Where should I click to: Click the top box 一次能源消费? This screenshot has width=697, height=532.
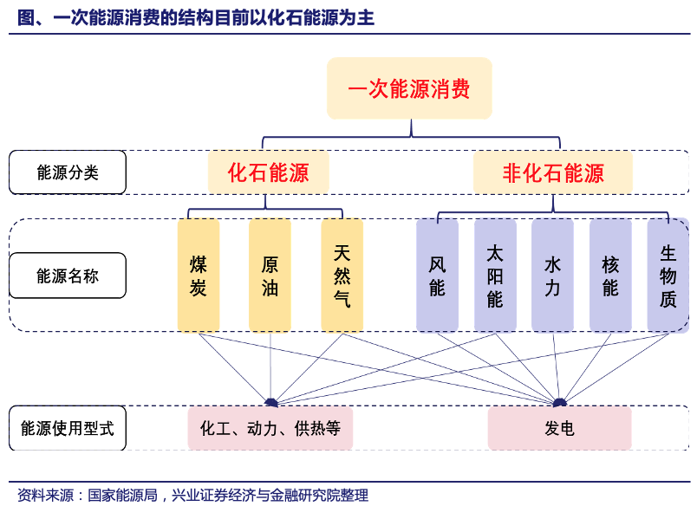tap(409, 88)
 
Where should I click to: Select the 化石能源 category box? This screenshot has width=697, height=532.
tap(269, 172)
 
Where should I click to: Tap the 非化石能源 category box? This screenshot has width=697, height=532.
tap(553, 172)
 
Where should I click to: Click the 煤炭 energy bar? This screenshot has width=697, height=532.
tap(199, 276)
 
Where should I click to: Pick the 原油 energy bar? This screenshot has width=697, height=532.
tap(270, 276)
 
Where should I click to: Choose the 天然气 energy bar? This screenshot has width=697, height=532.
tap(342, 276)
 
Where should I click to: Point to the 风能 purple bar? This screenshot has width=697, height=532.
tap(438, 276)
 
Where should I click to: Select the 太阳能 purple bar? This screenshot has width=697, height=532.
tap(495, 276)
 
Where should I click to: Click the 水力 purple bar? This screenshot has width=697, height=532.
tap(552, 276)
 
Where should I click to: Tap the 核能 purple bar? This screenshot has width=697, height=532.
tap(610, 276)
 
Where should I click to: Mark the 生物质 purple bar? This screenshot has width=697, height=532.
tap(668, 276)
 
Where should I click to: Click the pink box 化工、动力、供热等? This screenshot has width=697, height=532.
tap(270, 428)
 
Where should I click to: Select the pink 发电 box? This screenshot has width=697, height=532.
tap(560, 428)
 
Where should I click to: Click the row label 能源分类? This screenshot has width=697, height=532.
tap(68, 172)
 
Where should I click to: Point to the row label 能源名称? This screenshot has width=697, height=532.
tap(68, 276)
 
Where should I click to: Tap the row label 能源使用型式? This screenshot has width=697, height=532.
tap(68, 428)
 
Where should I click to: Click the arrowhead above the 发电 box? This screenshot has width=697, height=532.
tap(560, 403)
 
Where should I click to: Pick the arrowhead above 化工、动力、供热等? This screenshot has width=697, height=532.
tap(271, 403)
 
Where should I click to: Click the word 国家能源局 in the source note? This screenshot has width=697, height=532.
tap(123, 495)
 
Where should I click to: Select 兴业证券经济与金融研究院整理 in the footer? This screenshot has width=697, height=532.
tap(270, 495)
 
